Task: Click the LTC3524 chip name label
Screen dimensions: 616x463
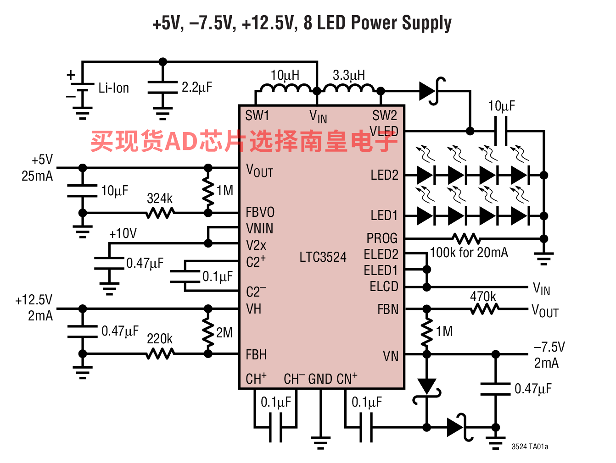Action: click(x=323, y=257)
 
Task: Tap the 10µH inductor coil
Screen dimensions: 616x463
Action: click(x=286, y=88)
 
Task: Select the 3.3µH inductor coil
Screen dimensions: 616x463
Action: click(x=349, y=88)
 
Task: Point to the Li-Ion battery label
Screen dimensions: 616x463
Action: click(x=114, y=88)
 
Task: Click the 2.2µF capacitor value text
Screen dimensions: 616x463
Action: click(x=197, y=87)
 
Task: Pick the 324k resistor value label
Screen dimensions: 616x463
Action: click(x=160, y=198)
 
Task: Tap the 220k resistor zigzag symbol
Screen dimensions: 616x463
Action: click(x=160, y=354)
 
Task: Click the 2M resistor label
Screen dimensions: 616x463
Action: click(x=224, y=333)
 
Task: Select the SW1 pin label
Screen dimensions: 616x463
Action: click(x=257, y=116)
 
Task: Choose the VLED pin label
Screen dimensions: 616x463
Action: click(x=384, y=131)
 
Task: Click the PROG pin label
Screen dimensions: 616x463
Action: click(x=382, y=238)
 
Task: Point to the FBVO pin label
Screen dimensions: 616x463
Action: click(x=260, y=212)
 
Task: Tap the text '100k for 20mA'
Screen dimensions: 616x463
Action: click(x=469, y=253)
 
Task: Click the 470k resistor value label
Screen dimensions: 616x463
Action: click(x=483, y=297)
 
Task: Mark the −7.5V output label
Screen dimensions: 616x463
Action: click(x=549, y=347)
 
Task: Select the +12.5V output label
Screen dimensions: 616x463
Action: click(x=34, y=300)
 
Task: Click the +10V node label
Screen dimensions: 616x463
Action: click(x=123, y=233)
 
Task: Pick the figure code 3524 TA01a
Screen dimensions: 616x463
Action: click(x=530, y=446)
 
